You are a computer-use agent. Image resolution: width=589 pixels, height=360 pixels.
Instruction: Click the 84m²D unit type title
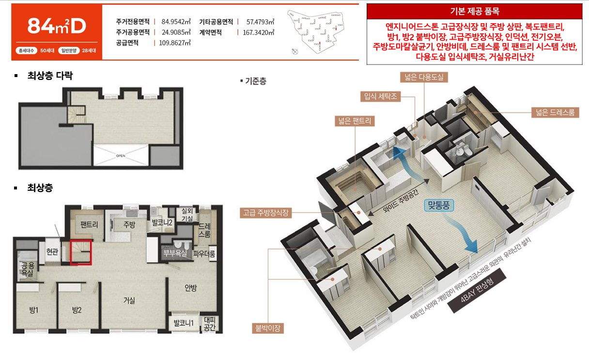coord(56,26)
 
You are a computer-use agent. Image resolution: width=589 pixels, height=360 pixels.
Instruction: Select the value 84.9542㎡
coord(175,22)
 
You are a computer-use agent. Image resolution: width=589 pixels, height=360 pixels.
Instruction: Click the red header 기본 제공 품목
coord(474,11)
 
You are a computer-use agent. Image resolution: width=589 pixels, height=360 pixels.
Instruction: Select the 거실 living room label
coord(129,300)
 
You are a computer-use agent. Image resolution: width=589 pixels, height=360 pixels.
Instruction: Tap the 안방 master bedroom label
coord(191,288)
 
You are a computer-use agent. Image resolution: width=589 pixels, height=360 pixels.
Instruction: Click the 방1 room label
coord(33,311)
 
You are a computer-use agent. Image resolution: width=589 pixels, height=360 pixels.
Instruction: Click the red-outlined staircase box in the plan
coord(81,252)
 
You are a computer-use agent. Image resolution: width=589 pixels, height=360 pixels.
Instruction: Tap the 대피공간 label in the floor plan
coord(210,324)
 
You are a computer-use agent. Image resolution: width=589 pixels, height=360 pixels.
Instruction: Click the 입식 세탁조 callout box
coord(380,96)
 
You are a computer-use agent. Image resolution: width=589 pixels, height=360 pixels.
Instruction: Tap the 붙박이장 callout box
coord(267,329)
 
